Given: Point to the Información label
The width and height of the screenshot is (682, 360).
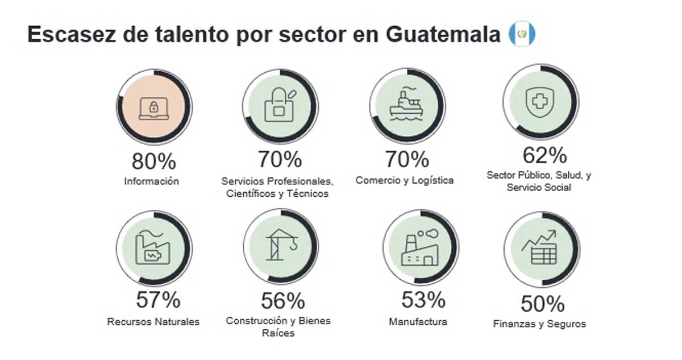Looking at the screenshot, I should (152, 181).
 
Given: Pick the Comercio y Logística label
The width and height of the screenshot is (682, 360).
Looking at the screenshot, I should (405, 180).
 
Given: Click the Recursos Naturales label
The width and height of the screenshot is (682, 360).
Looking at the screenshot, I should (153, 322).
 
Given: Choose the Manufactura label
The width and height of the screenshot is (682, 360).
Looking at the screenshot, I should (418, 322).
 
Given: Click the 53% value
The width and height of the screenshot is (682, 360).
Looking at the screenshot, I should (423, 300).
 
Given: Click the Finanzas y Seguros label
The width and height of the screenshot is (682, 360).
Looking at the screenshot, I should (539, 324).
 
